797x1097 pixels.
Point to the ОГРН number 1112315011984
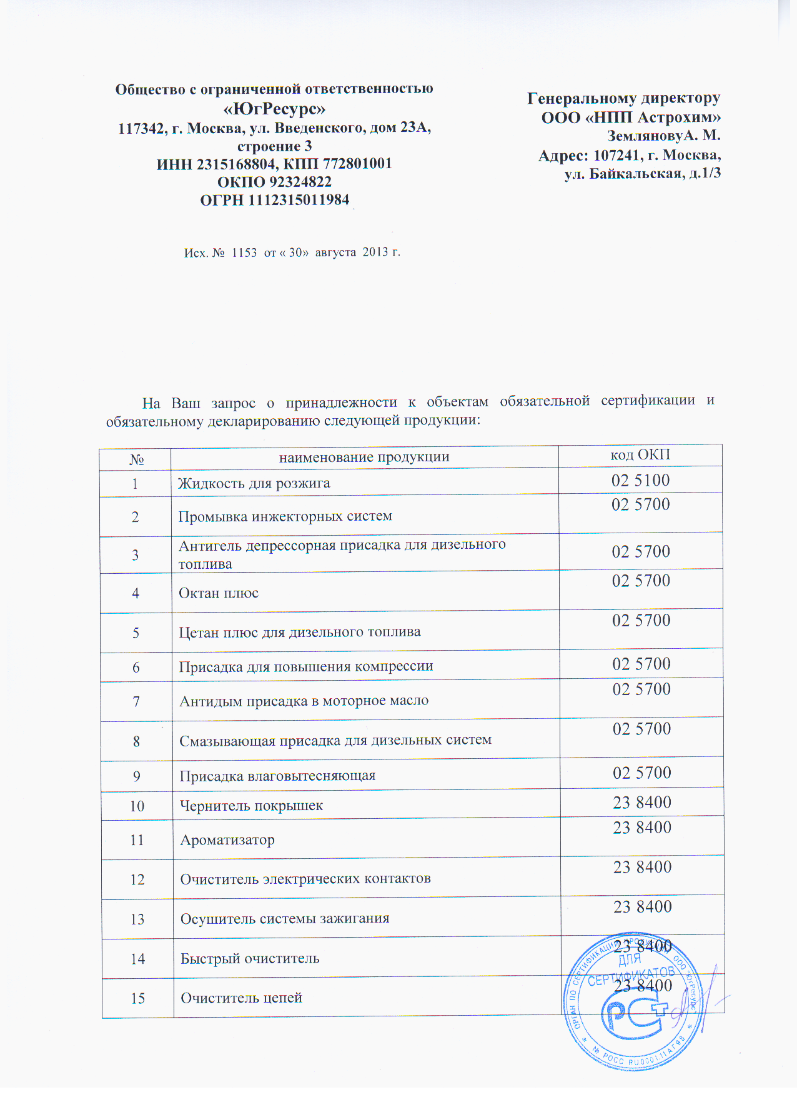pyautogui.click(x=299, y=201)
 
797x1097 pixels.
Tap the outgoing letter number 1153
pyautogui.click(x=244, y=253)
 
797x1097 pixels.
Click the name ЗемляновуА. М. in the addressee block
pyautogui.click(x=664, y=136)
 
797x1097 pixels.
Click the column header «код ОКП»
pyautogui.click(x=640, y=455)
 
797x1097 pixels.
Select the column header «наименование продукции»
pyautogui.click(x=364, y=457)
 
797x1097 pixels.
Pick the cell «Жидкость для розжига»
pyautogui.click(x=254, y=483)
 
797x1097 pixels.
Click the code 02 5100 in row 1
pyautogui.click(x=640, y=481)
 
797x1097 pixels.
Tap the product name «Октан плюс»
pyautogui.click(x=219, y=593)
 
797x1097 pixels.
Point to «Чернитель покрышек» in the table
pyautogui.click(x=251, y=806)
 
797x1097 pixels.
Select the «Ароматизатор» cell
pyautogui.click(x=227, y=840)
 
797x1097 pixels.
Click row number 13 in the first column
pyautogui.click(x=137, y=919)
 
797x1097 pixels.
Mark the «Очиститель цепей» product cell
pyautogui.click(x=241, y=998)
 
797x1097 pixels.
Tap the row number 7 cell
pyautogui.click(x=136, y=702)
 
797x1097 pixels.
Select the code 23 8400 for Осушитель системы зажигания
pyautogui.click(x=642, y=907)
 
